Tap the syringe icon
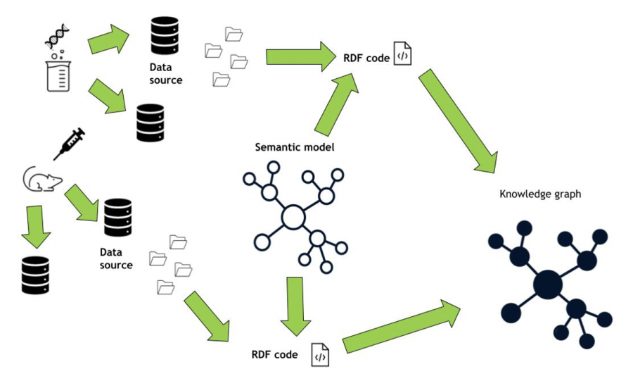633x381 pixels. tap(69, 143)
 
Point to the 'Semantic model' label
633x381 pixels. tap(294, 147)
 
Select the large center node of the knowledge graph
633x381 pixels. tap(548, 285)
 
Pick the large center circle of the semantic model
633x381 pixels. tap(293, 218)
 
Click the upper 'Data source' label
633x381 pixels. tap(166, 73)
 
